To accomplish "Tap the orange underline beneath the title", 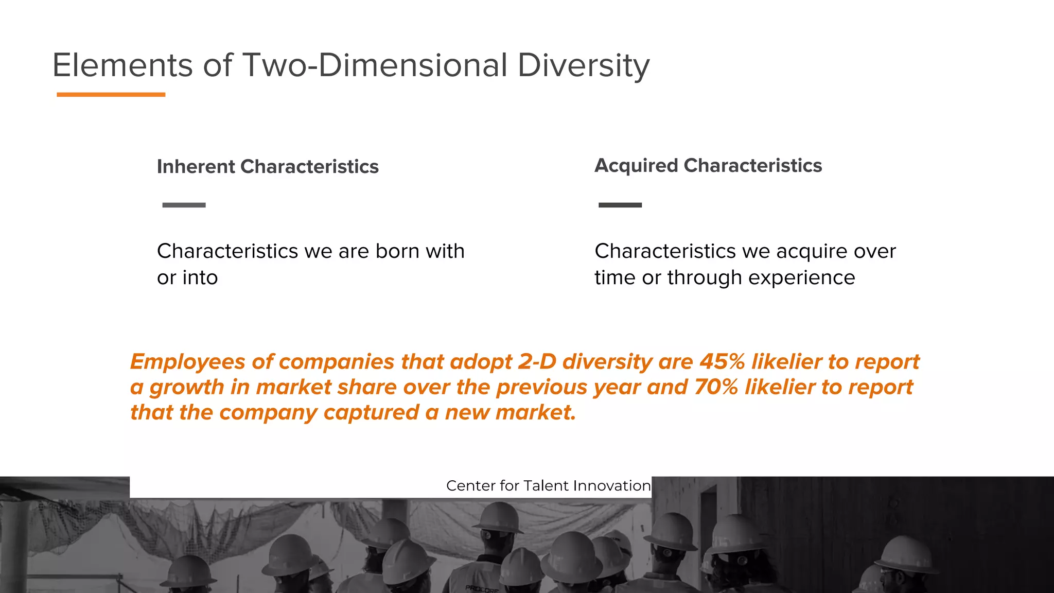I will [111, 95].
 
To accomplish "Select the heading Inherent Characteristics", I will [268, 167].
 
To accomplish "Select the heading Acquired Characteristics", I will [708, 166].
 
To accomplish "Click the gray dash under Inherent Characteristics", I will [184, 205].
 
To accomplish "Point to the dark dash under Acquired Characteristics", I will [620, 205].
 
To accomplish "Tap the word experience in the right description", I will [801, 278].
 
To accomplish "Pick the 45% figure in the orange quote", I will [722, 362].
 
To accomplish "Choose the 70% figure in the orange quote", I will [716, 387].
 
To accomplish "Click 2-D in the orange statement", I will [537, 362].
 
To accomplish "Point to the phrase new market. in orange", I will [510, 412].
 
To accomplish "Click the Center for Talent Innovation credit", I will [548, 486].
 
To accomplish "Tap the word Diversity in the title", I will [583, 66].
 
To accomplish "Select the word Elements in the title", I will [122, 65].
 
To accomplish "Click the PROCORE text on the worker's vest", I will [481, 588].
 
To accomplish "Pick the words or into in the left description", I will [187, 278].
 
